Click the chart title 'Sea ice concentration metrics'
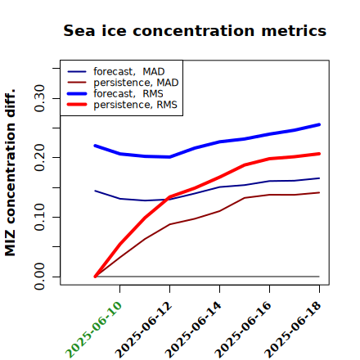(x=195, y=30)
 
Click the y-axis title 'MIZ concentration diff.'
(x=10, y=173)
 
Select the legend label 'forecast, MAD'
(x=129, y=72)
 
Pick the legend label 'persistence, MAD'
(x=136, y=83)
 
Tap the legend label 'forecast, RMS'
(x=128, y=94)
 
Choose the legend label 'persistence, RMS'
(x=135, y=105)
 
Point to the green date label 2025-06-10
(x=93, y=330)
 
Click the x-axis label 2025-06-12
(x=143, y=330)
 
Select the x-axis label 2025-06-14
(x=193, y=330)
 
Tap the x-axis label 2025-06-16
(x=243, y=330)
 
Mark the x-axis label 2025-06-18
(x=293, y=330)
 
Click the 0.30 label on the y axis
(x=39, y=98)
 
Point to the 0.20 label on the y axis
(x=39, y=158)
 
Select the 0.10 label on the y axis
(x=39, y=217)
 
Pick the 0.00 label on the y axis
(x=39, y=277)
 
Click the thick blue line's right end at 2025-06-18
(x=319, y=124)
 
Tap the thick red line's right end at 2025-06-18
(x=319, y=154)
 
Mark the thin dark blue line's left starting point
(x=95, y=191)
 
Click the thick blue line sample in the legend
(x=77, y=94)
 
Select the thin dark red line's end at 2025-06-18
(x=319, y=192)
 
